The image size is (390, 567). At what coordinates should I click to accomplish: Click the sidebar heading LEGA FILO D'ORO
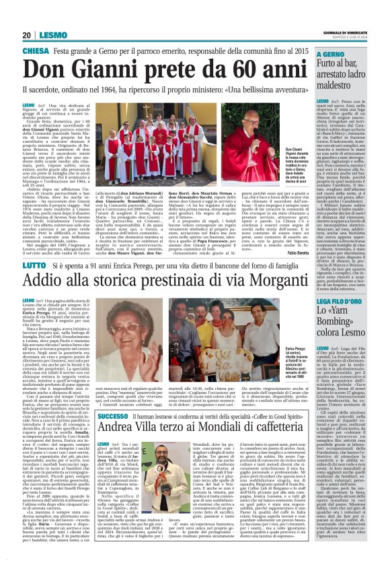click(342, 298)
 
